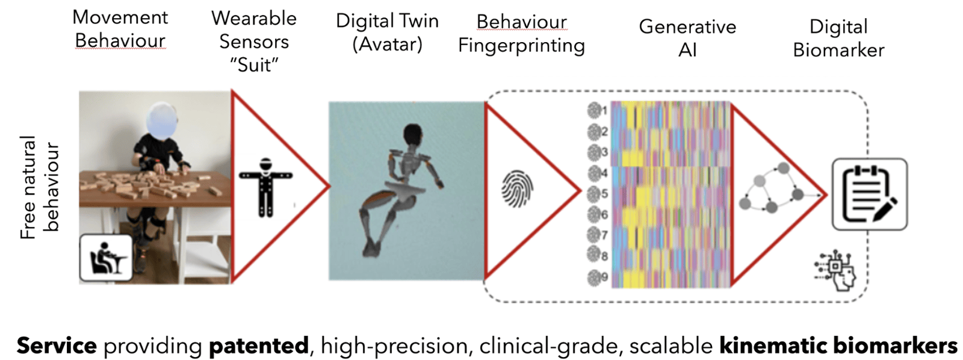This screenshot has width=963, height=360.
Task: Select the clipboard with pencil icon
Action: (x=870, y=194)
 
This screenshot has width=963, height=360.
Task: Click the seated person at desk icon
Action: (x=106, y=258)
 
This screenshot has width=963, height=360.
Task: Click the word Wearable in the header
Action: (x=254, y=19)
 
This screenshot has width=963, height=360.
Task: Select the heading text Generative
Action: (x=687, y=26)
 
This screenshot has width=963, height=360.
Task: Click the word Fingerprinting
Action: (x=521, y=46)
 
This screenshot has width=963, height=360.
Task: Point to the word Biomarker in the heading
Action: (x=838, y=51)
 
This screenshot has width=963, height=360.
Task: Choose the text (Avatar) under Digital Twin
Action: (x=388, y=45)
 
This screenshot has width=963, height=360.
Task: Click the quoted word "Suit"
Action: (x=254, y=65)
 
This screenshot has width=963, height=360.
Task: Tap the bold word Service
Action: (x=57, y=346)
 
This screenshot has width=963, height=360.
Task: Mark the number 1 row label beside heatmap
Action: (x=604, y=111)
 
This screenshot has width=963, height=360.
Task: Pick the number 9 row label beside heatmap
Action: (x=604, y=277)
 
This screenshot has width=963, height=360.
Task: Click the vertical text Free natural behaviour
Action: (x=40, y=188)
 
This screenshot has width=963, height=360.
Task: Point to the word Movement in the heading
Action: (x=120, y=17)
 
